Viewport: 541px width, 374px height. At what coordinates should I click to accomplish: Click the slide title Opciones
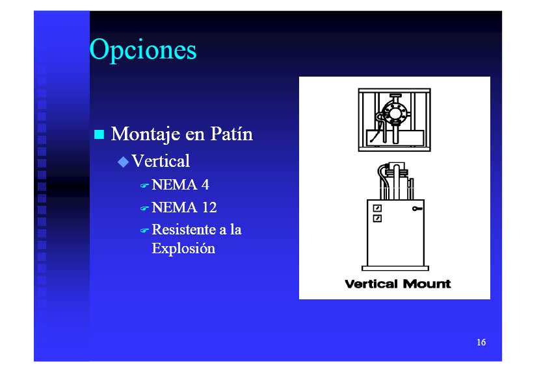pyautogui.click(x=143, y=50)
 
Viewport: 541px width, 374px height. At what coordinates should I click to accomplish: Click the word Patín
pyautogui.click(x=231, y=134)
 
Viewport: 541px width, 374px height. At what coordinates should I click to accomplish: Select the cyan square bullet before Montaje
pyautogui.click(x=99, y=134)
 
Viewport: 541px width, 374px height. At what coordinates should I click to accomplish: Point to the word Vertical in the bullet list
pyautogui.click(x=161, y=161)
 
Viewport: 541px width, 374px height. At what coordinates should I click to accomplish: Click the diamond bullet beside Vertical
pyautogui.click(x=123, y=162)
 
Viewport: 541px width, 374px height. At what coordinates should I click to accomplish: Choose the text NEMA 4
pyautogui.click(x=181, y=185)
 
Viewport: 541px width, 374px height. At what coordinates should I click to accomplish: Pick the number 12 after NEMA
pyautogui.click(x=209, y=207)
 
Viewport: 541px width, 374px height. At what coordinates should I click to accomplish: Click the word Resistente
pyautogui.click(x=183, y=230)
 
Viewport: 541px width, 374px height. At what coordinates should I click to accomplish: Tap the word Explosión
pyautogui.click(x=183, y=249)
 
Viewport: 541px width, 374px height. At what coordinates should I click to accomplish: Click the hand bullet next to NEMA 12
pyautogui.click(x=144, y=208)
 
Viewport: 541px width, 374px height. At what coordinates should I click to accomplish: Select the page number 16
pyautogui.click(x=481, y=342)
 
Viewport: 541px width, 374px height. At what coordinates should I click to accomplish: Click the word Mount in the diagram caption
pyautogui.click(x=427, y=284)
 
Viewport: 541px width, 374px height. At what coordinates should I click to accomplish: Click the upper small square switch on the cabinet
pyautogui.click(x=377, y=208)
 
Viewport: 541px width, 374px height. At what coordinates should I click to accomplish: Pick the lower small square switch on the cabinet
pyautogui.click(x=377, y=218)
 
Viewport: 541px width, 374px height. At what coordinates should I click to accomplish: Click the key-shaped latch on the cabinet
pyautogui.click(x=417, y=208)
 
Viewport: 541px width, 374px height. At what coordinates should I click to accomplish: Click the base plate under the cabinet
pyautogui.click(x=395, y=268)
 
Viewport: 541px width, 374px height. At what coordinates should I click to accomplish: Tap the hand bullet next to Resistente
pyautogui.click(x=144, y=231)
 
